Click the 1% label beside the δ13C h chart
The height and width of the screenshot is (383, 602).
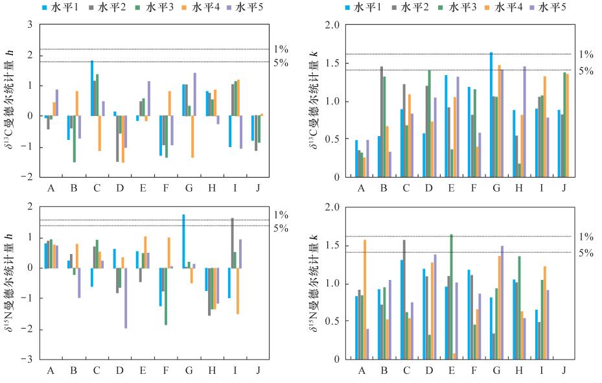pyautogui.click(x=281, y=49)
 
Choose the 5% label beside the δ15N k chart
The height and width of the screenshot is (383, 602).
pyautogui.click(x=586, y=253)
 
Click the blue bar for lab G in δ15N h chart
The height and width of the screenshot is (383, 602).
pyautogui.click(x=183, y=240)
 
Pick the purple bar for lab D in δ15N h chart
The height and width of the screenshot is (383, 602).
pyautogui.click(x=125, y=297)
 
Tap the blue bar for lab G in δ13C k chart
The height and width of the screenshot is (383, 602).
pyautogui.click(x=491, y=114)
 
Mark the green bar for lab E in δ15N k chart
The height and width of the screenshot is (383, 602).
pyautogui.click(x=451, y=296)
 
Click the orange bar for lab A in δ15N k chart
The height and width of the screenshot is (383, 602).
pyautogui.click(x=364, y=299)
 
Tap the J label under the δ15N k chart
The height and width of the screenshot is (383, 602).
pyautogui.click(x=564, y=370)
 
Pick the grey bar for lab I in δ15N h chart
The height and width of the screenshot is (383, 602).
pyautogui.click(x=233, y=242)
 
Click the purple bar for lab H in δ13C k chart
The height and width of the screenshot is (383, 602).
pyautogui.click(x=524, y=121)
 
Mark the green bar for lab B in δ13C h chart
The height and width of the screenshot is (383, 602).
pyautogui.click(x=74, y=139)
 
